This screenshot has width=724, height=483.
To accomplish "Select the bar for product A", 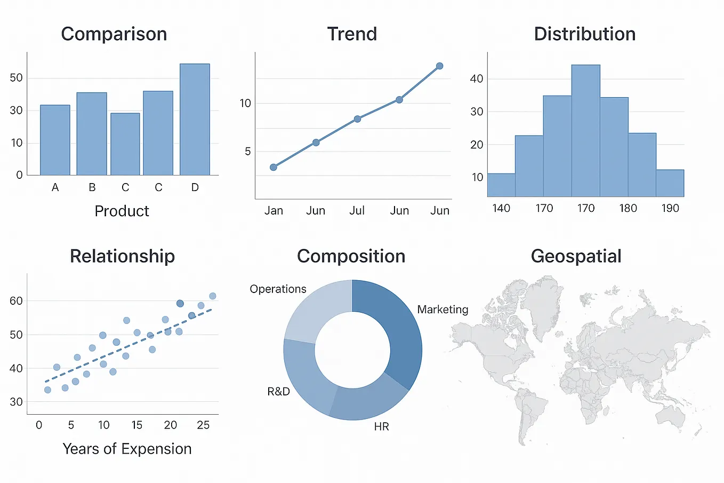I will tap(55, 140).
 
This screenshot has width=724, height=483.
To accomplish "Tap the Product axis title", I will tap(122, 211).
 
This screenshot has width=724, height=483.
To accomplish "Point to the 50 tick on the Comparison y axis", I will tap(17, 78).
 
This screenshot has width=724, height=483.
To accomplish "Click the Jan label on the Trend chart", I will tap(273, 211).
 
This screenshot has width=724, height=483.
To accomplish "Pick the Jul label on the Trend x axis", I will tap(357, 211).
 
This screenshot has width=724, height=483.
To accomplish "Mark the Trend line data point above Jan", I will tap(273, 167).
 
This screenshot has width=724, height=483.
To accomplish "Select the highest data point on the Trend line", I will tap(439, 66).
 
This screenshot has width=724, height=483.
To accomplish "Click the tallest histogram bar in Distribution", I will tap(585, 131).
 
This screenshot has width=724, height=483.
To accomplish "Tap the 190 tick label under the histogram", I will tap(670, 208).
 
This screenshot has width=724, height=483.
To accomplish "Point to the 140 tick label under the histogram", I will tap(501, 208).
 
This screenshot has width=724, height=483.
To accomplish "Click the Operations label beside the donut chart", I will tap(278, 289).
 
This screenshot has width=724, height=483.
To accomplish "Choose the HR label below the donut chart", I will tap(381, 426).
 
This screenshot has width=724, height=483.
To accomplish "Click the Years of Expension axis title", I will tap(127, 449).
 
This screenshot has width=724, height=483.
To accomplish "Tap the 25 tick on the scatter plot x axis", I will tap(203, 425).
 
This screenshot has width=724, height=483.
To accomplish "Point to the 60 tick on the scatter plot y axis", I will tap(17, 301).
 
